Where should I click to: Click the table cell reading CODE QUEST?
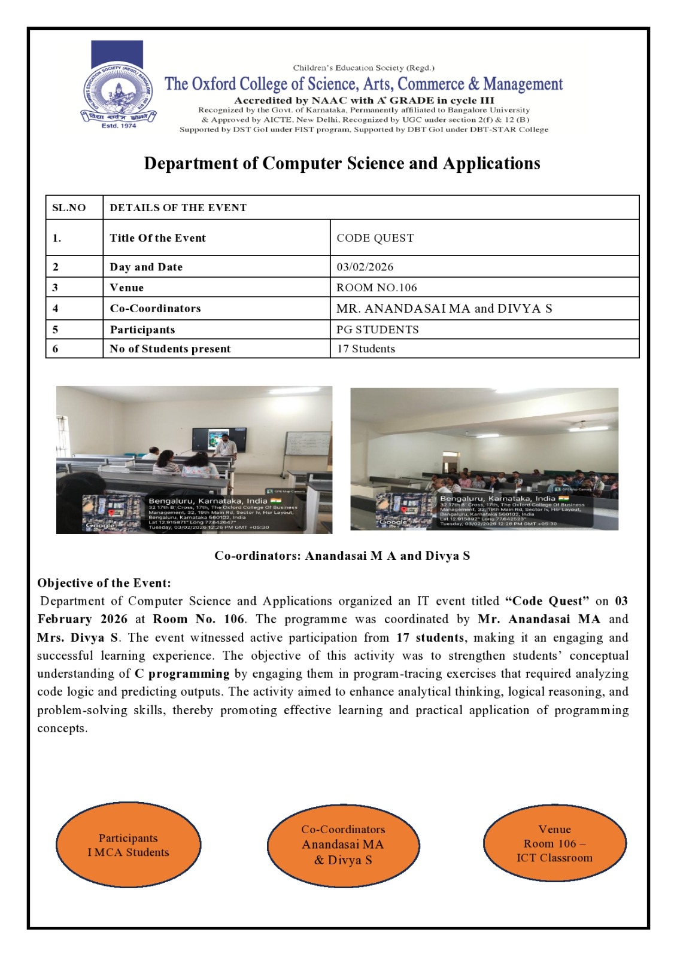point(375,238)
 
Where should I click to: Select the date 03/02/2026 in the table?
point(365,267)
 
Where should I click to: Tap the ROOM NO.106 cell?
point(377,288)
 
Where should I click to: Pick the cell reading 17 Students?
point(366,349)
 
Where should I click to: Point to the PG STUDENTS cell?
point(377,330)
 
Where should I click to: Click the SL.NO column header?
point(69,208)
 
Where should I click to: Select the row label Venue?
point(127,288)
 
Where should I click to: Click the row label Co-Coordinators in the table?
point(155,309)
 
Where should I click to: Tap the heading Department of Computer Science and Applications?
point(342,163)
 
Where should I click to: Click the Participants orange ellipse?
point(128,845)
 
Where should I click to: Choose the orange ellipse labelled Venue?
point(554,843)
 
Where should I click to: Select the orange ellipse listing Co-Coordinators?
point(343,845)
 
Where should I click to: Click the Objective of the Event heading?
point(104,583)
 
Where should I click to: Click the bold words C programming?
point(182,674)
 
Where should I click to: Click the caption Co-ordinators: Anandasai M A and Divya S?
point(342,556)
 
